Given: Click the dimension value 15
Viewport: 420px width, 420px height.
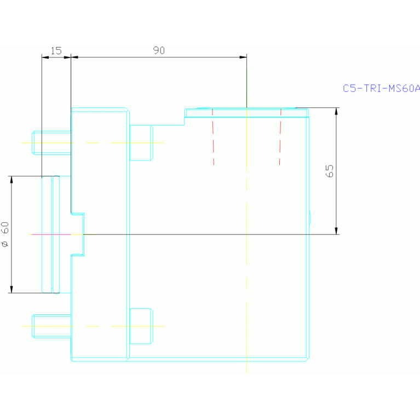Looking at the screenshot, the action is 56,51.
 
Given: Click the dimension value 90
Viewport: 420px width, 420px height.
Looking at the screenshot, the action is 159,50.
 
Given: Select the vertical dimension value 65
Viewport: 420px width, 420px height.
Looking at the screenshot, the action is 329,170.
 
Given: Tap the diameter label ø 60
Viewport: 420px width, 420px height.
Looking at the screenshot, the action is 5,234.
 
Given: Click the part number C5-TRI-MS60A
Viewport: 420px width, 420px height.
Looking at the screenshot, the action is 381,88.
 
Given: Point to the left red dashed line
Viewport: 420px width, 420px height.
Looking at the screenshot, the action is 213,137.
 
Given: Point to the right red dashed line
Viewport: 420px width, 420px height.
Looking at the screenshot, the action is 280,137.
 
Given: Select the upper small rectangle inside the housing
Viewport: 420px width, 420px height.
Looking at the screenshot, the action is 141,142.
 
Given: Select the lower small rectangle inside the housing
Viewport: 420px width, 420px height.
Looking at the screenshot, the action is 141,326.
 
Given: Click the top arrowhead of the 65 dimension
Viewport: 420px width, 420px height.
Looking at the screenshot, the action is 336,111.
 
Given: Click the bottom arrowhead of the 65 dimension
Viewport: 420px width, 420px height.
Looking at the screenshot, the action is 336,231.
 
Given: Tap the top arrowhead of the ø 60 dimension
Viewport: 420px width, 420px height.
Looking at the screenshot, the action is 11,180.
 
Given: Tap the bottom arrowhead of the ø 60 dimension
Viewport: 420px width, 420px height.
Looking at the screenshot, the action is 11,289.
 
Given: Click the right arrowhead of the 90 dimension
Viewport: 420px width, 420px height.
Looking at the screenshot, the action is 243,57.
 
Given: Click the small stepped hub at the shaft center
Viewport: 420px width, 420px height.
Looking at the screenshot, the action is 78,234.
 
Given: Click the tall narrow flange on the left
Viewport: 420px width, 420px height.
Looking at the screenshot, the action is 50,234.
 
